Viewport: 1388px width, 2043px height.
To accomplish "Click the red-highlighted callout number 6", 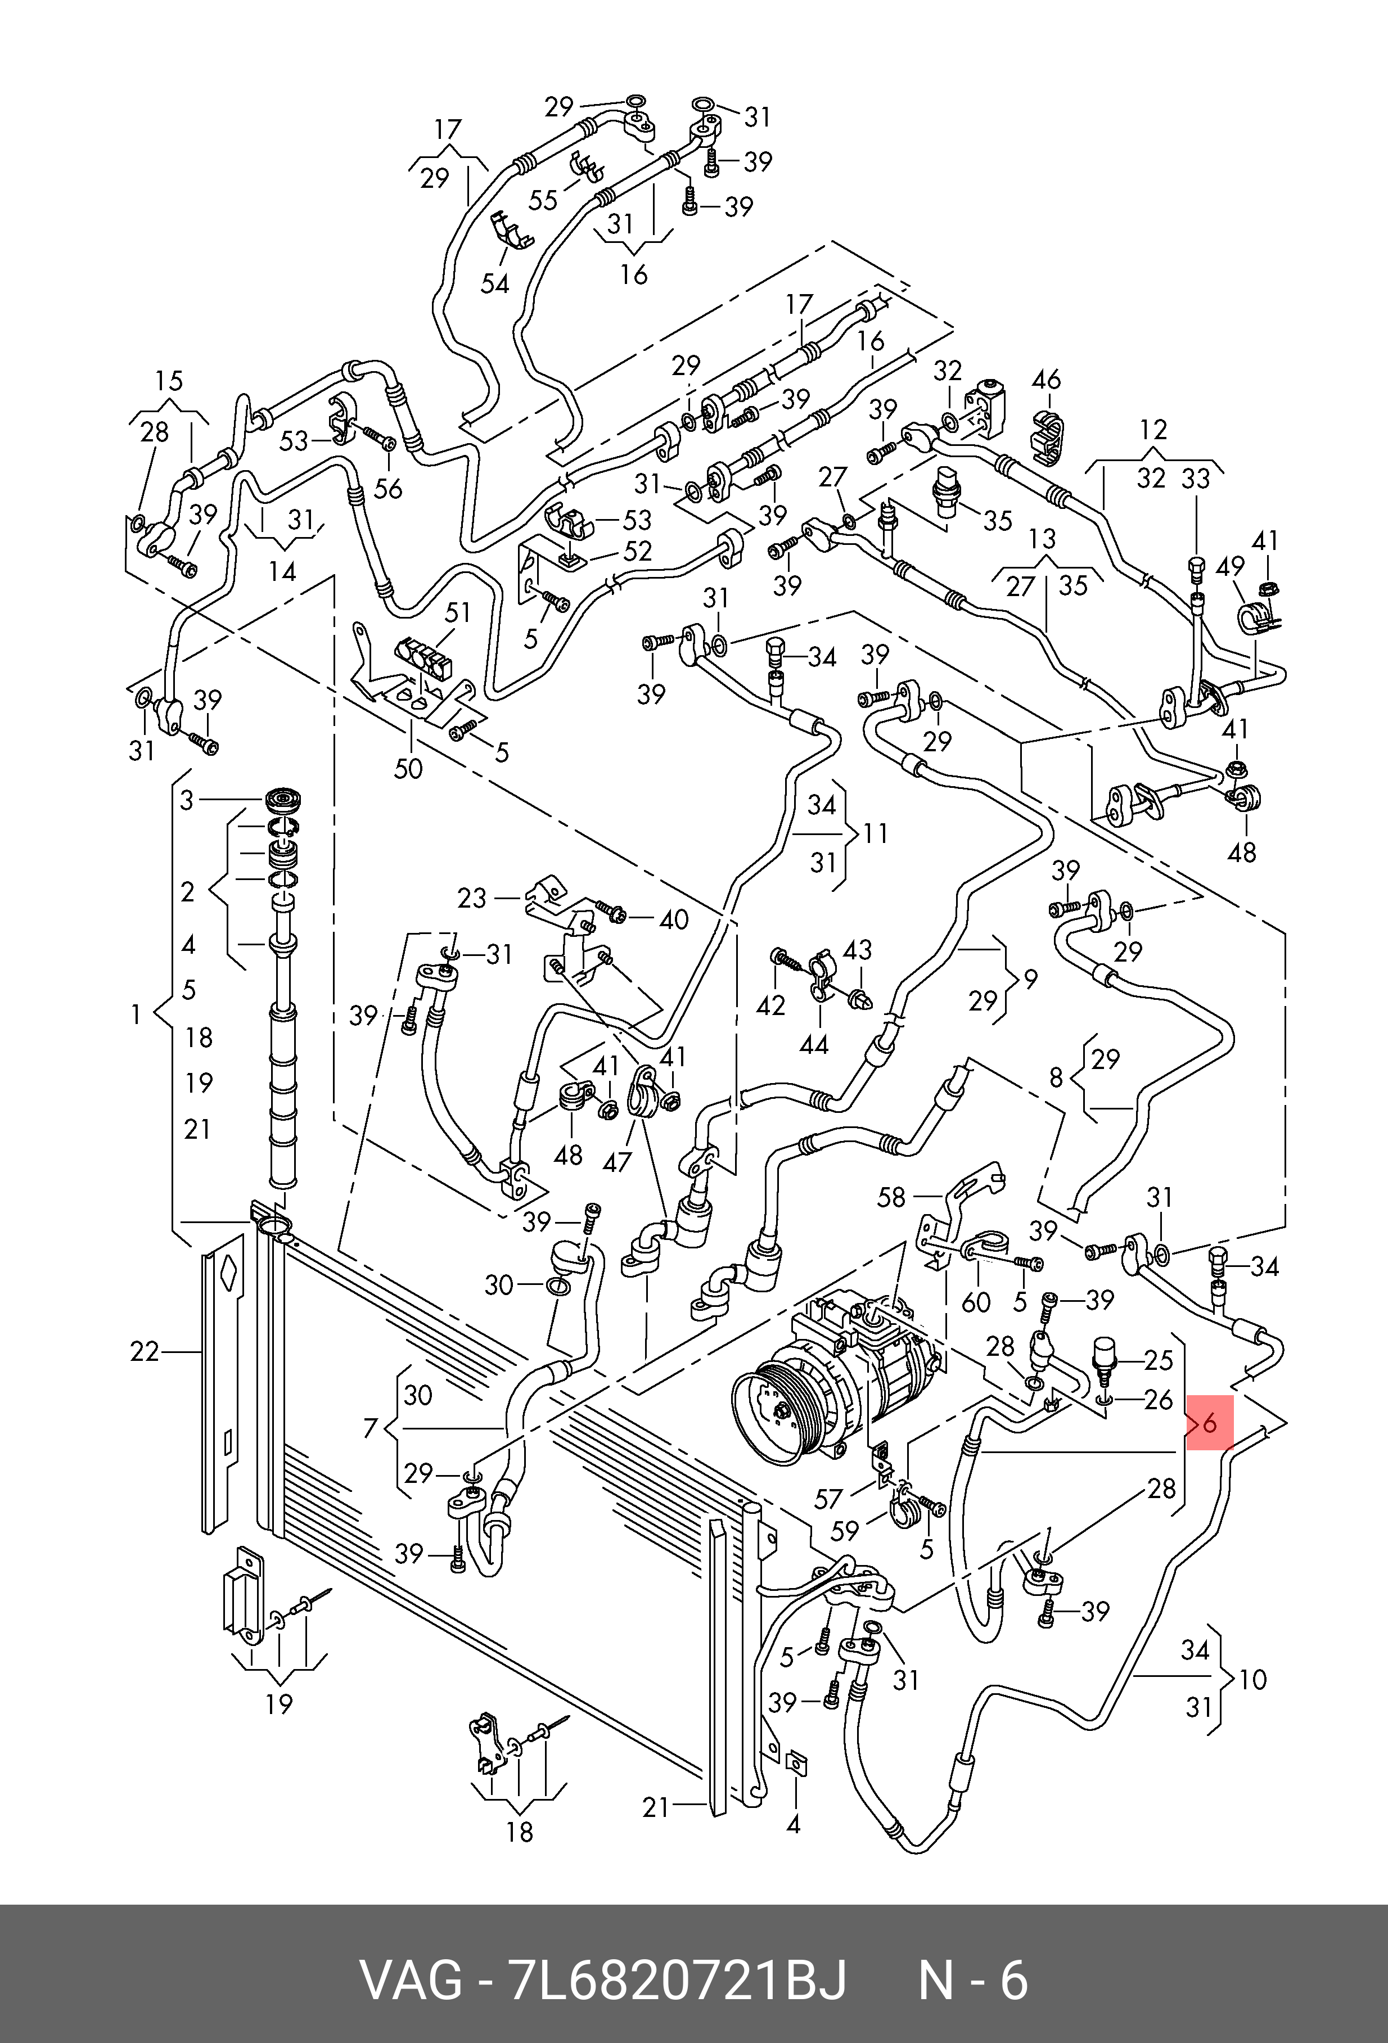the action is pyautogui.click(x=1210, y=1447).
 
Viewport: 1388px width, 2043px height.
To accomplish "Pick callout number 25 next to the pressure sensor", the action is pyautogui.click(x=1159, y=1360).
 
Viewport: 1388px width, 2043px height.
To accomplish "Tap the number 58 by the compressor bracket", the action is pyautogui.click(x=891, y=1197).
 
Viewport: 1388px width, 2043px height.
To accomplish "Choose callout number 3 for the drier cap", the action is pyautogui.click(x=186, y=800).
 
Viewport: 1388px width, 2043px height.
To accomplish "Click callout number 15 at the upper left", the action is pyautogui.click(x=169, y=381).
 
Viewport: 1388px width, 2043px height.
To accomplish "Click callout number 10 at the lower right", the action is pyautogui.click(x=1252, y=1679).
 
